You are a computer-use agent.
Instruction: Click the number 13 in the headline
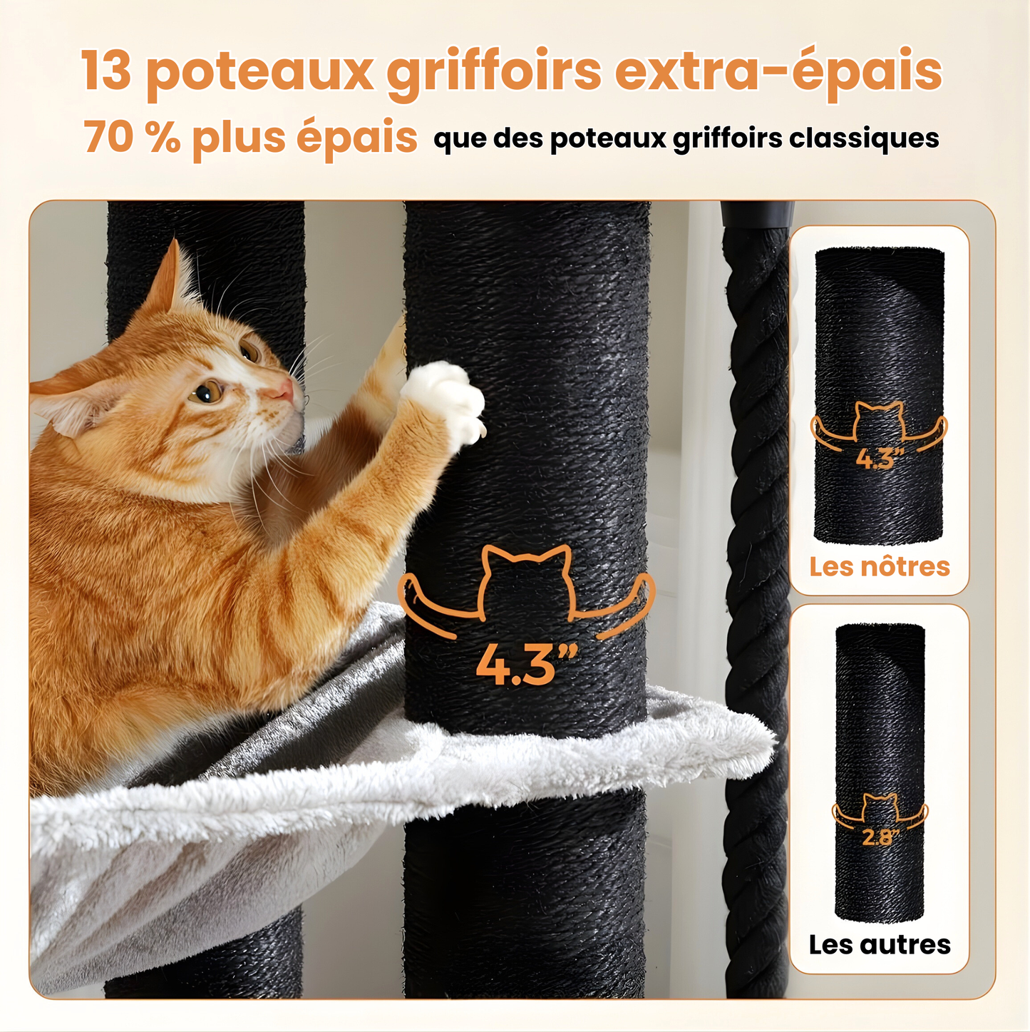[106, 71]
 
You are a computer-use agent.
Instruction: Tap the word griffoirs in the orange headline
[494, 72]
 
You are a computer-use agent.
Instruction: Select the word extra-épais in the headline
[778, 72]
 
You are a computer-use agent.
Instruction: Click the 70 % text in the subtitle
[132, 136]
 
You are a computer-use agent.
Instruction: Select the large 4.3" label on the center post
[526, 665]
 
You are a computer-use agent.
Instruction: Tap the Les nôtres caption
[879, 566]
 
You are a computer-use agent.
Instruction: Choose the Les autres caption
[879, 944]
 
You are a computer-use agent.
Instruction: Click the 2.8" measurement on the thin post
[880, 837]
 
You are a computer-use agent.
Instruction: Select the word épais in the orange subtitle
[356, 136]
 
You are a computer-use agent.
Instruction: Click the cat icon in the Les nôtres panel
[879, 425]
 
